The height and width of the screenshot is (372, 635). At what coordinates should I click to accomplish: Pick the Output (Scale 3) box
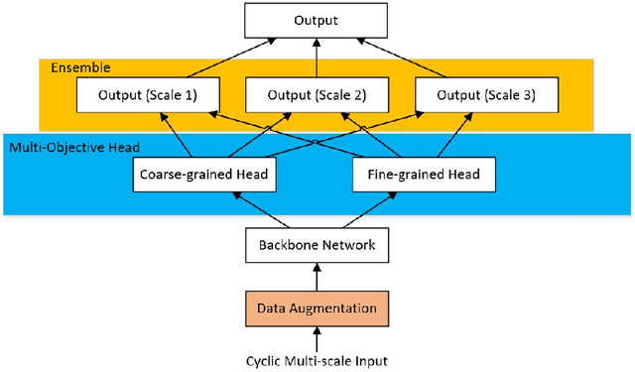pyautogui.click(x=484, y=96)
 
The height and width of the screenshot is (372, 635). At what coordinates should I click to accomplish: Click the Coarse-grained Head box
pyautogui.click(x=202, y=174)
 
